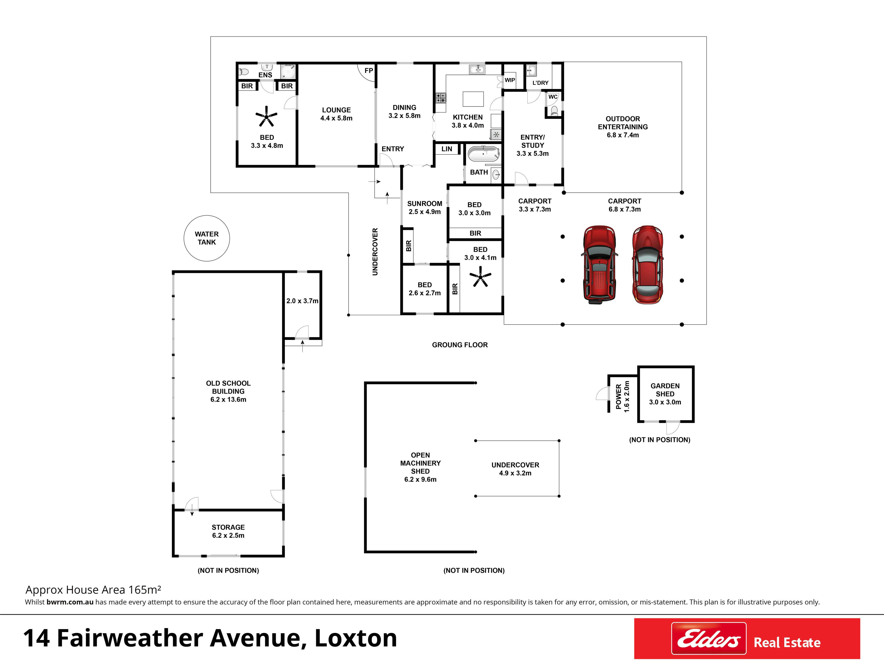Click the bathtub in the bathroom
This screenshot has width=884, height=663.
tap(484, 154)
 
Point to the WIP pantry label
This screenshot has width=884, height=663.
tap(510, 80)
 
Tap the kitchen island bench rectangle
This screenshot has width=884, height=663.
tap(473, 99)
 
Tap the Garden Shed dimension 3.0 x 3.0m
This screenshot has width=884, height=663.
tap(665, 402)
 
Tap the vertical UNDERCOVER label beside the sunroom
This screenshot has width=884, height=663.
tap(375, 252)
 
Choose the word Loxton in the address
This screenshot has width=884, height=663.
tap(356, 638)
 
